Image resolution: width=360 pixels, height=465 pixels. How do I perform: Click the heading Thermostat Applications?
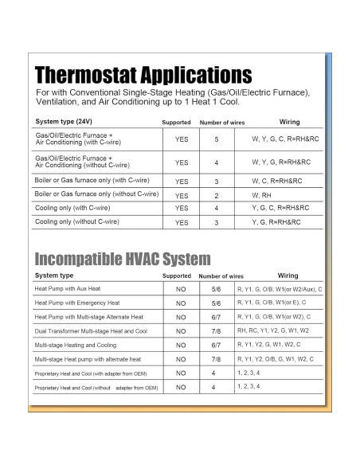tap(143, 76)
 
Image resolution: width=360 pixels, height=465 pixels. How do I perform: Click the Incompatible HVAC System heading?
tap(123, 259)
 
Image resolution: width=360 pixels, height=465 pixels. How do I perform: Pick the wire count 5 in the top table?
tap(216, 139)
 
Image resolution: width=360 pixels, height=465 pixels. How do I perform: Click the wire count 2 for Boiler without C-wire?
tap(216, 195)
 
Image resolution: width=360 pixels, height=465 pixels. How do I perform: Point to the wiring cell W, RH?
tap(262, 194)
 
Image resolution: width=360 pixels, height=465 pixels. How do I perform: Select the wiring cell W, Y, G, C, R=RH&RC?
tap(281, 139)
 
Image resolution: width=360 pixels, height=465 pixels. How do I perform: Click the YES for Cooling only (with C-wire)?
tap(182, 209)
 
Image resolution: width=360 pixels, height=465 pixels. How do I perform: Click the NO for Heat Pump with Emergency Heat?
tap(181, 303)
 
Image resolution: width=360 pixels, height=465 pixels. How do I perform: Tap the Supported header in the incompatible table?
tap(177, 275)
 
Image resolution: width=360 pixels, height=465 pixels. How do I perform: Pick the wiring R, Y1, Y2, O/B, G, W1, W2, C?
tap(276, 358)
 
